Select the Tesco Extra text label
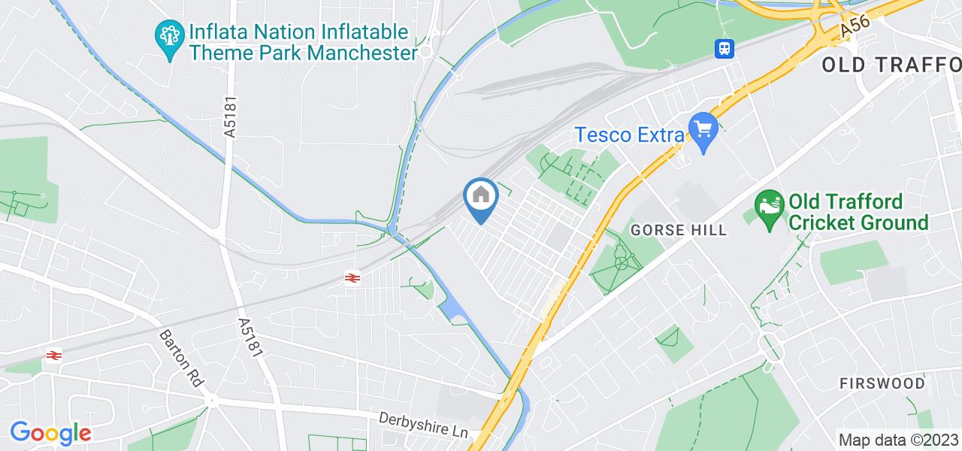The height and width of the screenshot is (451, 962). pos(630,135)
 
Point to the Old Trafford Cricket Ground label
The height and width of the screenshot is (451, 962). pos(858,212)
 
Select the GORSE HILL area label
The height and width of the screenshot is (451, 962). pos(679,230)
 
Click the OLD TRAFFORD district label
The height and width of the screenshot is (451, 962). pos(891,65)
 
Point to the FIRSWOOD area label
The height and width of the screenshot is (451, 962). pos(882,383)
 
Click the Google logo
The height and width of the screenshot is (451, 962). pos(50,433)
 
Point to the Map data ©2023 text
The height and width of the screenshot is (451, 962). pos(897,440)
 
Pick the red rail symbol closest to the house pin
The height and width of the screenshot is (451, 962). pos(351,279)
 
